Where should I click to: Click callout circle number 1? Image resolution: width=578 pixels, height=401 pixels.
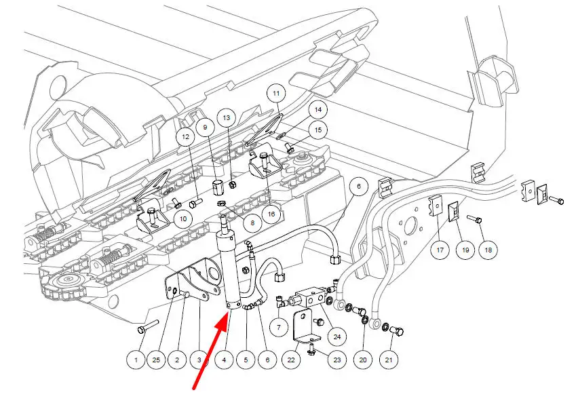click(136, 360)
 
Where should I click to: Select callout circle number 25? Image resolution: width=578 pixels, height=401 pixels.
click(156, 360)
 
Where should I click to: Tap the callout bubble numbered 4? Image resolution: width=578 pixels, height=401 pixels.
click(224, 360)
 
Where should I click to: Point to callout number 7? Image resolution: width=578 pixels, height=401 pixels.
click(279, 327)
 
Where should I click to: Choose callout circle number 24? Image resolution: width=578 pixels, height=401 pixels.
click(337, 336)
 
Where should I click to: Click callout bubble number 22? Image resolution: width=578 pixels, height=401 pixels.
click(291, 360)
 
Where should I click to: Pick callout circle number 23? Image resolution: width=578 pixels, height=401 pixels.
click(337, 360)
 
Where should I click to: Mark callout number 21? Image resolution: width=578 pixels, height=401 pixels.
click(389, 360)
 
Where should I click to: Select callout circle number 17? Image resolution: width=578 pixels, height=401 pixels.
click(440, 250)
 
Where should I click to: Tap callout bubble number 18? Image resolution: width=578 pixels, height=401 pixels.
click(488, 250)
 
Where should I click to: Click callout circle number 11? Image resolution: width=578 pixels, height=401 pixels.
click(277, 93)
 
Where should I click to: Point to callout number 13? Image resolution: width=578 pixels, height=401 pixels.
click(227, 117)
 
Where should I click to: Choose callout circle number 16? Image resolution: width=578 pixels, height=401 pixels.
click(271, 214)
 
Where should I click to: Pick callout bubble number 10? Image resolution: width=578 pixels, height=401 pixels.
click(183, 219)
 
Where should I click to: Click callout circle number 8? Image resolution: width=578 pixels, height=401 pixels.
click(252, 223)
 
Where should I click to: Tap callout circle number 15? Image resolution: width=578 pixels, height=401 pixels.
click(317, 130)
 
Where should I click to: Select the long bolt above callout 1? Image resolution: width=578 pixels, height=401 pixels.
click(147, 326)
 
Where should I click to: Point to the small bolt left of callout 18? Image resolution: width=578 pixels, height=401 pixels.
click(475, 219)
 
